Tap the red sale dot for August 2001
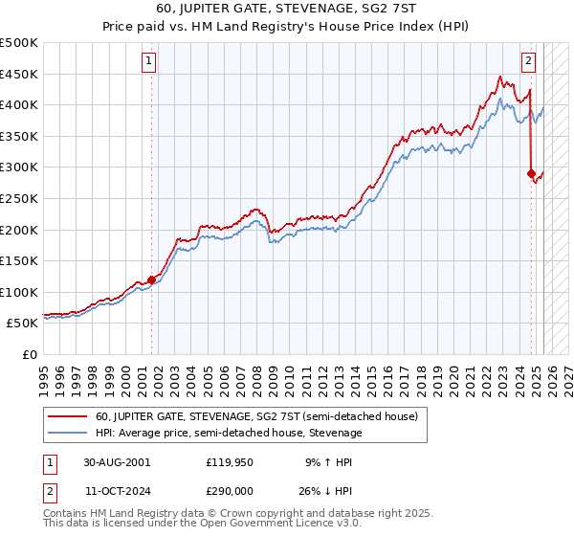[152, 279]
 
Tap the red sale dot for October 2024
[531, 173]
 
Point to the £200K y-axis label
[18, 230]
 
